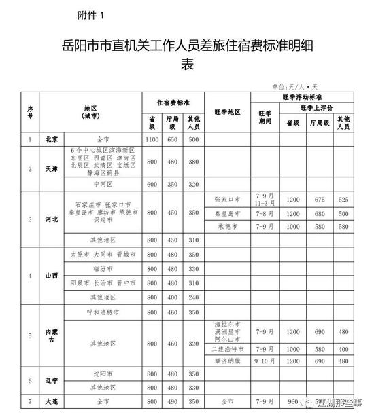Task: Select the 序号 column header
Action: tap(30, 111)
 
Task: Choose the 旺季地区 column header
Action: tap(228, 111)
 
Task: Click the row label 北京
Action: tap(52, 139)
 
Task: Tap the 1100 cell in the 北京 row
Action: tap(152, 139)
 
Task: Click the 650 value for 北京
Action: tap(173, 139)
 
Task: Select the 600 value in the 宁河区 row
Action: tap(152, 183)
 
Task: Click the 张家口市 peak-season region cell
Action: tap(228, 199)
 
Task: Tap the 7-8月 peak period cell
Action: tap(265, 213)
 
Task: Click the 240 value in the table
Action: tap(194, 297)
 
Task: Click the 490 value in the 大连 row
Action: tap(173, 401)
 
